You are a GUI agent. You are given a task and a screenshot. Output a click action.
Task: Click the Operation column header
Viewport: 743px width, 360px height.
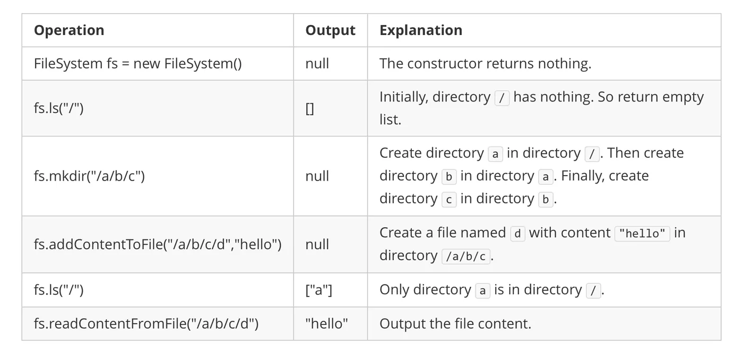pyautogui.click(x=69, y=30)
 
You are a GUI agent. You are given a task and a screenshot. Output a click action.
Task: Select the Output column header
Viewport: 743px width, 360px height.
pyautogui.click(x=330, y=30)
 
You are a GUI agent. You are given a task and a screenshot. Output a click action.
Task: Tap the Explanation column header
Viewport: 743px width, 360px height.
pyautogui.click(x=420, y=30)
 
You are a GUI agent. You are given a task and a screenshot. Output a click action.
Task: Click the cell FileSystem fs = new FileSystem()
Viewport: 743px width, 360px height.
pyautogui.click(x=137, y=63)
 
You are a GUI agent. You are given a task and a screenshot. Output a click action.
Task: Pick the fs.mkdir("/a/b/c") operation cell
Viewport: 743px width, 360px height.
pyautogui.click(x=89, y=176)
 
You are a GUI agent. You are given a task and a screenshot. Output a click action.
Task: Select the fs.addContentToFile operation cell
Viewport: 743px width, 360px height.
pyautogui.click(x=158, y=244)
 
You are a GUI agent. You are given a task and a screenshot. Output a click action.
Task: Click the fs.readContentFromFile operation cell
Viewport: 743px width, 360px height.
pyautogui.click(x=146, y=323)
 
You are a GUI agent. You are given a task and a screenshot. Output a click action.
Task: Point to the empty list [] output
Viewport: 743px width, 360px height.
pyautogui.click(x=309, y=109)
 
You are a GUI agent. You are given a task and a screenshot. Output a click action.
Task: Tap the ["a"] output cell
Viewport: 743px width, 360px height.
pyautogui.click(x=319, y=290)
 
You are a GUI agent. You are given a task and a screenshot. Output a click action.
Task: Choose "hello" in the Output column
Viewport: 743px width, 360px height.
pyautogui.click(x=326, y=323)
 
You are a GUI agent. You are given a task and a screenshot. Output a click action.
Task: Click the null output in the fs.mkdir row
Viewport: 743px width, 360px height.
pyautogui.click(x=317, y=176)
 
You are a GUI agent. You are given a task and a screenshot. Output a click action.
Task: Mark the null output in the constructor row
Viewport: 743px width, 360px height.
pyautogui.click(x=317, y=63)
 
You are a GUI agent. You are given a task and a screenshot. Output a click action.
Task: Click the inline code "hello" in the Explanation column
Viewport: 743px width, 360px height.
pyautogui.click(x=642, y=234)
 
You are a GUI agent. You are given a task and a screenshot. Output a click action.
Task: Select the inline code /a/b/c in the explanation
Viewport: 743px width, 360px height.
pyautogui.click(x=466, y=256)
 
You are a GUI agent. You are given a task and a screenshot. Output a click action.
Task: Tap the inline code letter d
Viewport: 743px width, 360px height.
pyautogui.click(x=517, y=234)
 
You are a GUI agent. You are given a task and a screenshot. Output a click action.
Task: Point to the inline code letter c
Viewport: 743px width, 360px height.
pyautogui.click(x=449, y=200)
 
